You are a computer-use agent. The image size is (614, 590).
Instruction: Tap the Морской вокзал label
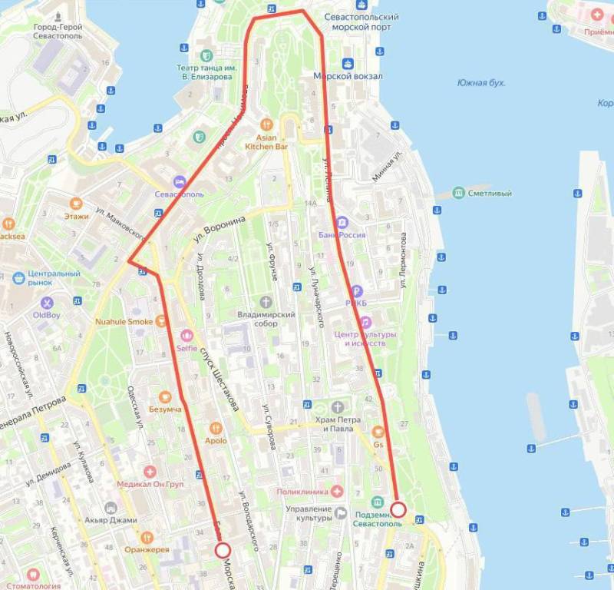pos(348,76)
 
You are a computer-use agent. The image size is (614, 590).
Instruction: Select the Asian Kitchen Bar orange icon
pos(266,123)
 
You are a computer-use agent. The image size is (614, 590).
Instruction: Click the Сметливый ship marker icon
pos(459,193)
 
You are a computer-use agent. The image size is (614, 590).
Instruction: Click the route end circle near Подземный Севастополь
pos(398,509)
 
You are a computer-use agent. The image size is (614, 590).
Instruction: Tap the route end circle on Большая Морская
pos(223,549)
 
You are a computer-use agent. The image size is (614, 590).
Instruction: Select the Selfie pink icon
pos(186,335)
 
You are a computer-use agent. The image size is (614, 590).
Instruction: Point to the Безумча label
pos(165,409)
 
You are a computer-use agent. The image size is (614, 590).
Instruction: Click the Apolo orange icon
pos(216,428)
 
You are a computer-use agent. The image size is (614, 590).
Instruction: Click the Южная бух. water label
pos(481,82)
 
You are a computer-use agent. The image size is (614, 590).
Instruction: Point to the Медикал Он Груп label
pos(150,485)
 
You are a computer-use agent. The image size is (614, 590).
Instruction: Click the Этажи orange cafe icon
pos(76,204)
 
